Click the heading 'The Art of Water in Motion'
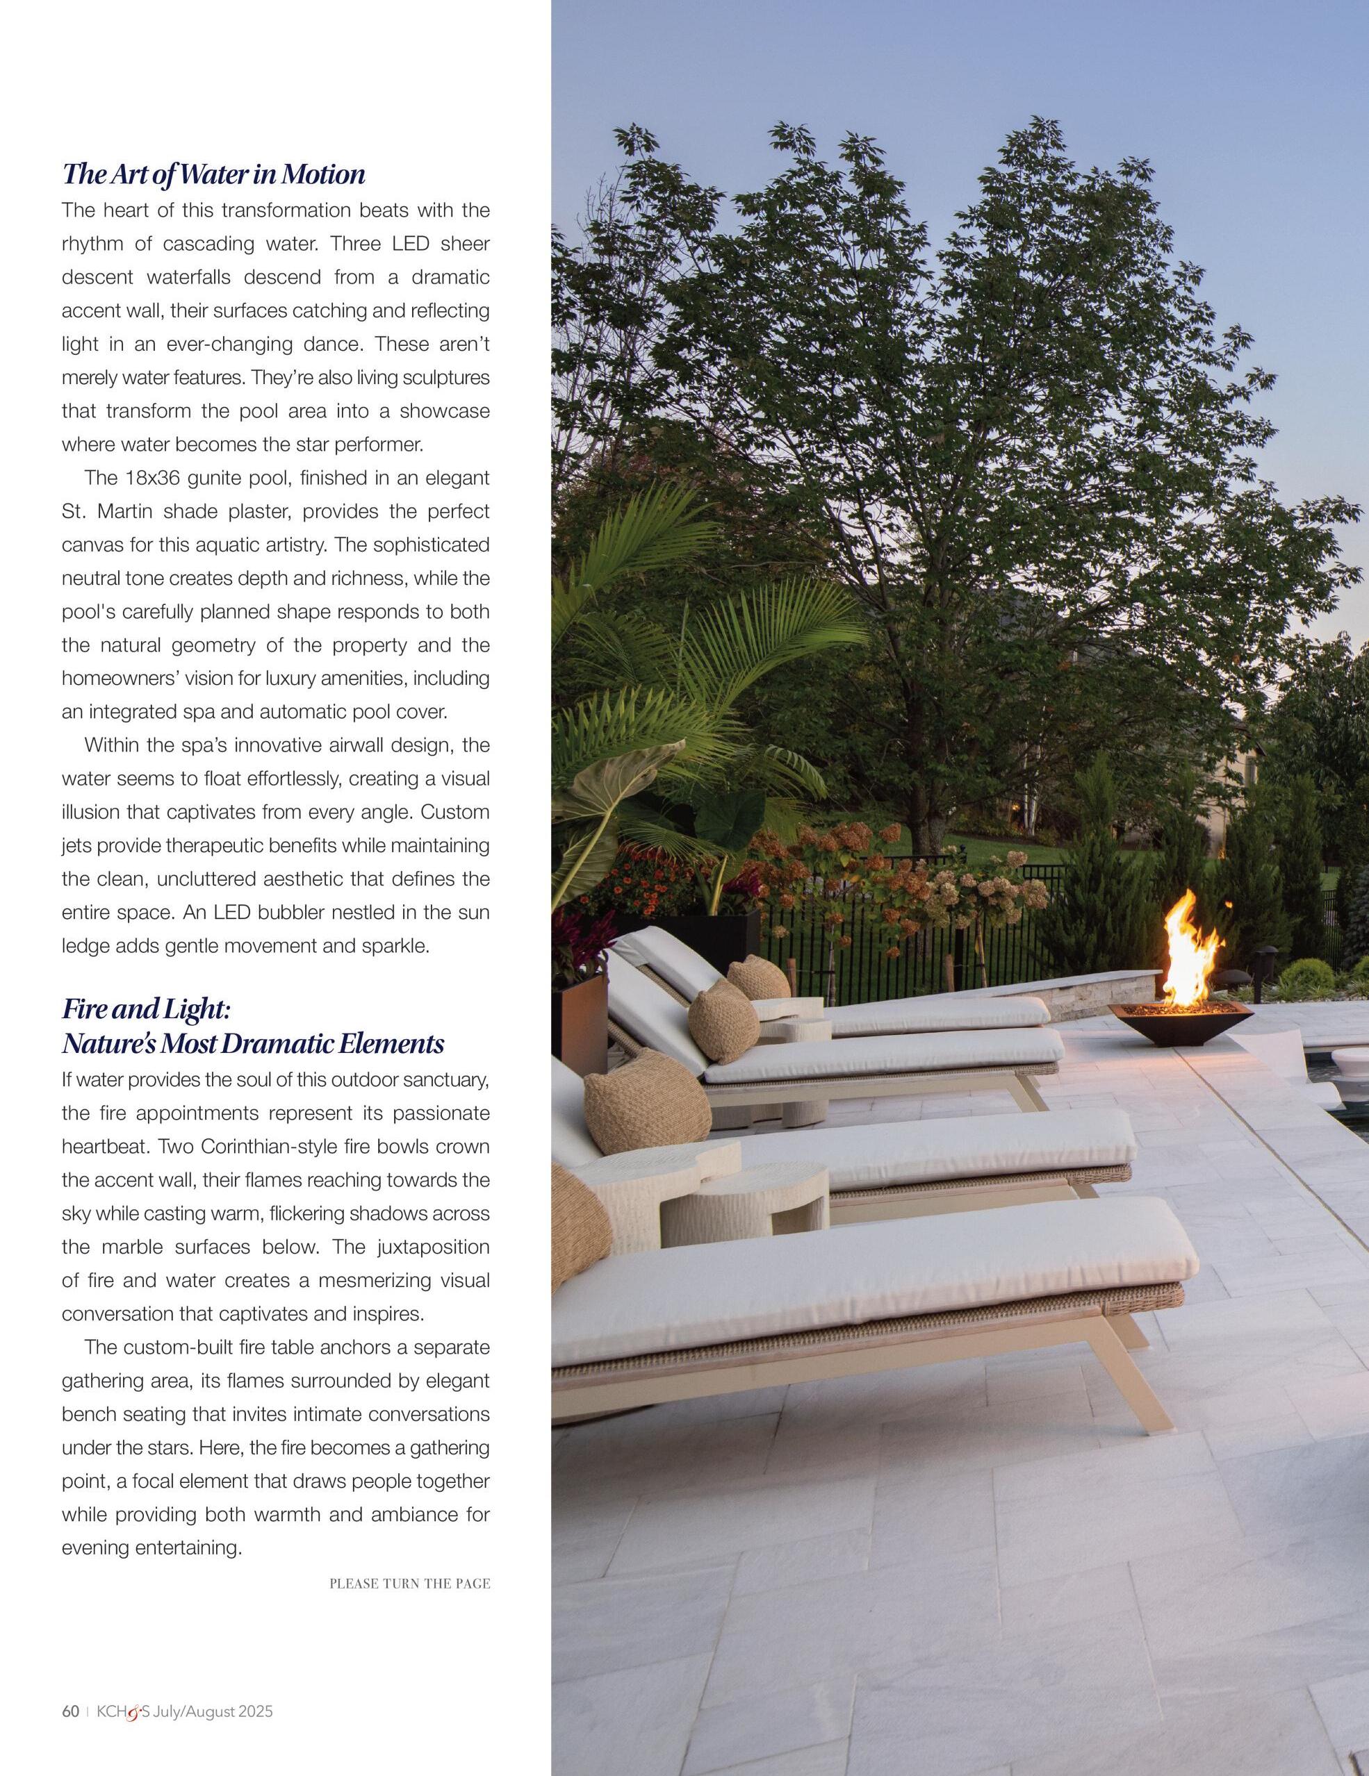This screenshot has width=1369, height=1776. [213, 174]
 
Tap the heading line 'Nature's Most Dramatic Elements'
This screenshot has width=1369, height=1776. [253, 1043]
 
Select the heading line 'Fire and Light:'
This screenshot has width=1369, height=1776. [147, 1009]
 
